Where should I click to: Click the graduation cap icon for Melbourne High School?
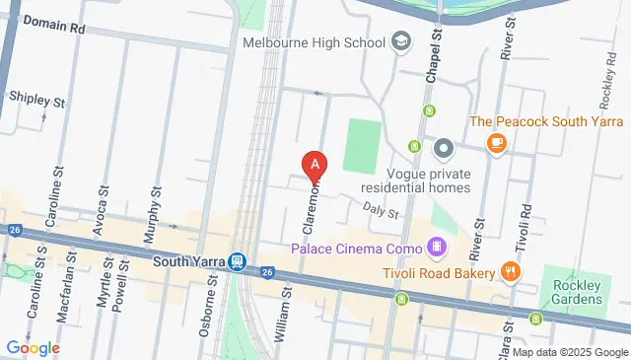coord(400,42)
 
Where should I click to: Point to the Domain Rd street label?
coord(54,24)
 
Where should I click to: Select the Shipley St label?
coord(36,100)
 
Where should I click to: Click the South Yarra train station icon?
coord(238,262)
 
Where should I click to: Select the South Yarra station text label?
coord(190,262)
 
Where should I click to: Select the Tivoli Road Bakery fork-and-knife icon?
coord(510,271)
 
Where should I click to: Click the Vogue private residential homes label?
coord(415,180)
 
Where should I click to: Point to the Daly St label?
coord(380,210)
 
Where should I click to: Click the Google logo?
coord(33,347)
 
